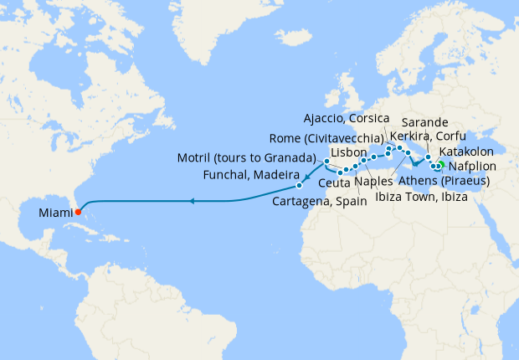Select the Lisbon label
click(x=349, y=153)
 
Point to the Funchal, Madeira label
click(x=252, y=173)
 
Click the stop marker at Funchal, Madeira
click(x=299, y=184)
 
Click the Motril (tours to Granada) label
click(x=245, y=157)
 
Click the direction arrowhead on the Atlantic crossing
click(x=192, y=201)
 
